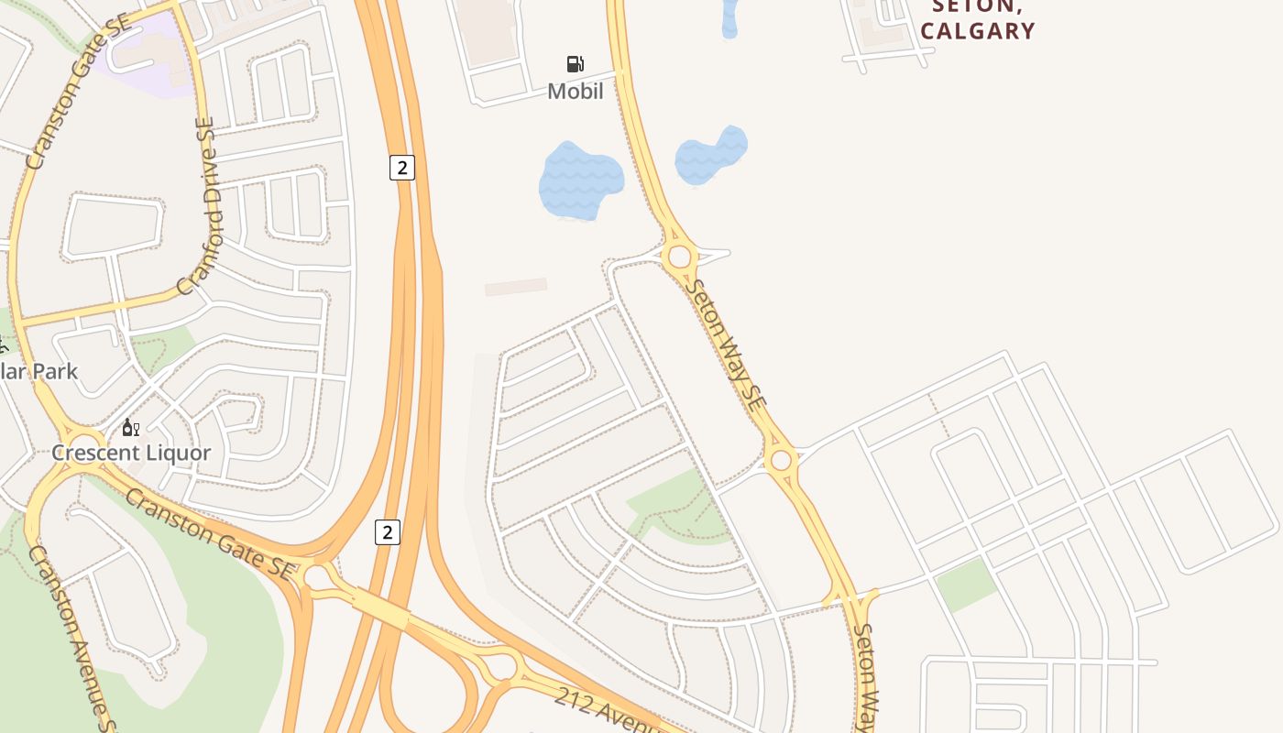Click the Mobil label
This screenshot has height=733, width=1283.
[x=576, y=91]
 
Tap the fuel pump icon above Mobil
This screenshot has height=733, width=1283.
[x=576, y=63]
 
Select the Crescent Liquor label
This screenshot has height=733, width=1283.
[x=131, y=453]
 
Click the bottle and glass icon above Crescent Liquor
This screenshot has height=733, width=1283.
[x=131, y=428]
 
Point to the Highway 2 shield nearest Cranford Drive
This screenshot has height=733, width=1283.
[x=401, y=168]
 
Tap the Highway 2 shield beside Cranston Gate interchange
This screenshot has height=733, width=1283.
[x=388, y=531]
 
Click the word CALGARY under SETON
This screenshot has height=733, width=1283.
[x=978, y=31]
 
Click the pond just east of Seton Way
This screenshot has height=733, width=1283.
[x=711, y=154]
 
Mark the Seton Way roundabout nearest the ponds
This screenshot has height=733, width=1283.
[x=679, y=257]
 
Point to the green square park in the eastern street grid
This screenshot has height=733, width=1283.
[x=966, y=585]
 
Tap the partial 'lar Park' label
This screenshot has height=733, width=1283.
[x=38, y=371]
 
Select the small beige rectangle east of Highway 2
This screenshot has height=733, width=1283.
[x=516, y=287]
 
